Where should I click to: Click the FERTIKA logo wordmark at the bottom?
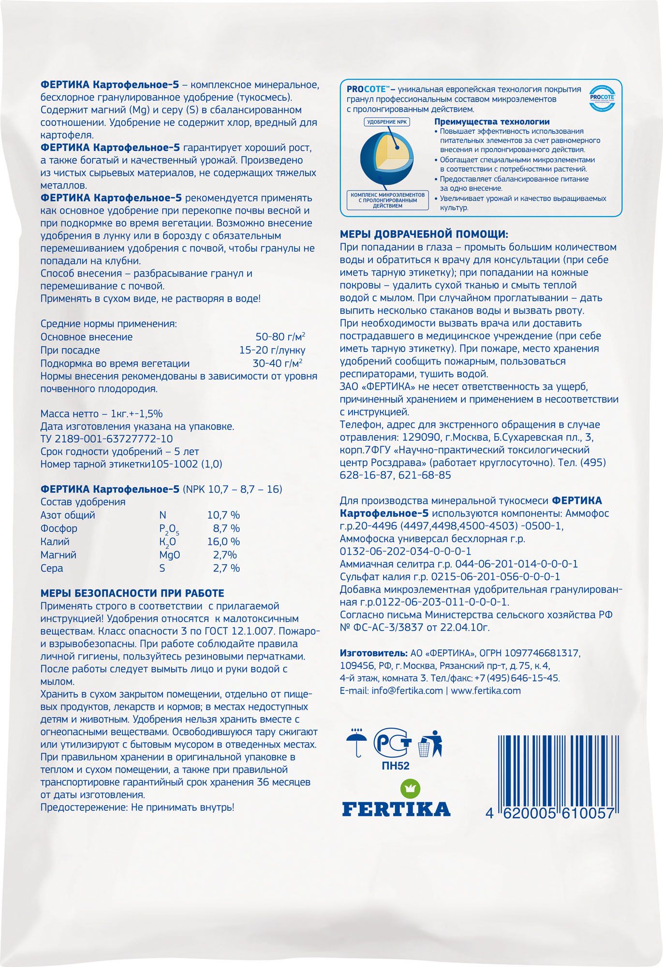tap(396, 808)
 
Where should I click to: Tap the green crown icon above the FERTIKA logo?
tap(411, 788)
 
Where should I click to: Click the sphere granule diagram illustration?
tap(384, 160)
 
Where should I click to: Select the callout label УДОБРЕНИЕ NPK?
tap(387, 122)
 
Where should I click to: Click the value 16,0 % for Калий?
tap(223, 542)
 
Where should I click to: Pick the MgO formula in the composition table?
tap(170, 555)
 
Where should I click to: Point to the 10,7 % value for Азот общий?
tap(223, 515)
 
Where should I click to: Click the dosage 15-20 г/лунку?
tap(272, 350)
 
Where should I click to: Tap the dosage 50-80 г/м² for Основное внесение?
tap(280, 337)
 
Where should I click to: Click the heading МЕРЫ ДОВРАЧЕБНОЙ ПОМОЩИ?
tap(424, 234)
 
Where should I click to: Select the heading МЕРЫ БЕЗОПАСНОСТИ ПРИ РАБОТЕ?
tap(132, 593)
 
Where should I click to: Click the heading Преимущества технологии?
tap(492, 122)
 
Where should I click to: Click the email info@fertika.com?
tap(407, 690)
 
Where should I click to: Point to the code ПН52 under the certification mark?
tap(392, 765)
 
